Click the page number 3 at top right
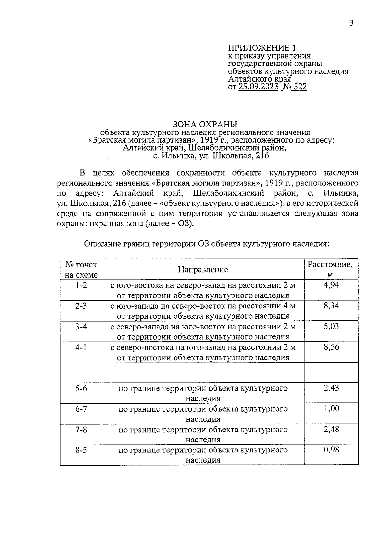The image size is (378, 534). [352, 23]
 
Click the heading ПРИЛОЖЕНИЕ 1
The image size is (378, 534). [262, 48]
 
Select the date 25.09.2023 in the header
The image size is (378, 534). [259, 87]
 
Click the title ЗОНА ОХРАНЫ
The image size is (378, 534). [205, 124]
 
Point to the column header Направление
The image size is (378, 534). [203, 269]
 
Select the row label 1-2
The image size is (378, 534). [81, 285]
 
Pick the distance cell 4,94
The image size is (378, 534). [331, 285]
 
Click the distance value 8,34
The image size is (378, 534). [331, 306]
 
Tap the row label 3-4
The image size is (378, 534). [81, 327]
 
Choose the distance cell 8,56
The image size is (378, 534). [331, 347]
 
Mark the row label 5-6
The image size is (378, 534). [81, 388]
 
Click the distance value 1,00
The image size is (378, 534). [331, 409]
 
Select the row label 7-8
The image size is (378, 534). [81, 430]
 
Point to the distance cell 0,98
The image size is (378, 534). [331, 450]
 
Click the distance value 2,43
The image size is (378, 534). [331, 388]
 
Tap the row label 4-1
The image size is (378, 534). [81, 347]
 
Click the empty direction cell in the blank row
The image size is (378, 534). [203, 373]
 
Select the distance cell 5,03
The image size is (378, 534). [331, 326]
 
